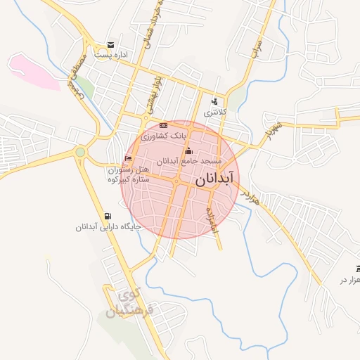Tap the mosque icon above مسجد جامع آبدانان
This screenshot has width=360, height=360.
click(x=188, y=150)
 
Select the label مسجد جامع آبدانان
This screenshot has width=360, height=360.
click(x=189, y=162)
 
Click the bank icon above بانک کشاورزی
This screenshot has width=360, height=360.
click(x=164, y=125)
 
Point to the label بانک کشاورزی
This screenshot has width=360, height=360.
click(x=163, y=136)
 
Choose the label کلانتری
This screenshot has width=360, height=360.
click(x=216, y=112)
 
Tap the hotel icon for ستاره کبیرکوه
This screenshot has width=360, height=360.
click(x=127, y=158)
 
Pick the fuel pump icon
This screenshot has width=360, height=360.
click(x=107, y=216)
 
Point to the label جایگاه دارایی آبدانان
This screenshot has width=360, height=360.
click(x=110, y=227)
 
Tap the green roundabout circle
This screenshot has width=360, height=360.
click(x=80, y=152)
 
